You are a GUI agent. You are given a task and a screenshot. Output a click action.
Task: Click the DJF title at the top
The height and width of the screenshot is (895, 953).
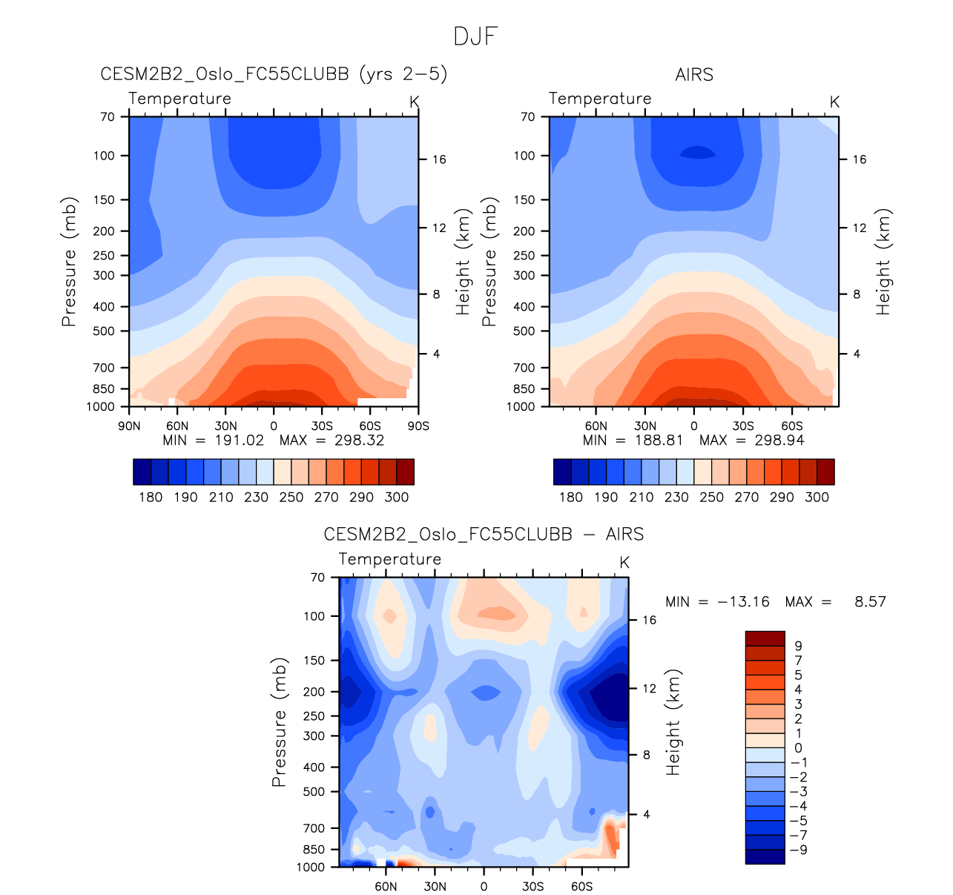coord(475,36)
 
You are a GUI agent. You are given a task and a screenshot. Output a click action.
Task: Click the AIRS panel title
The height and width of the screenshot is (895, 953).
coord(694,75)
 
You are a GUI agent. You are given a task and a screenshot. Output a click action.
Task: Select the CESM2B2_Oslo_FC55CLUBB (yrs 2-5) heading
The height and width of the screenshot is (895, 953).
coord(274,74)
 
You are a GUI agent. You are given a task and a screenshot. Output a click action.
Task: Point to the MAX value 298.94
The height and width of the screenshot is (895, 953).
coord(778,440)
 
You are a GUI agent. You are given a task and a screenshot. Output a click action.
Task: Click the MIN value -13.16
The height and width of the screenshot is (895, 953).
coord(743,601)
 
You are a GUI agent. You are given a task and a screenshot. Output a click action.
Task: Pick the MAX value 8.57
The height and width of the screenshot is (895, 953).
coord(870,601)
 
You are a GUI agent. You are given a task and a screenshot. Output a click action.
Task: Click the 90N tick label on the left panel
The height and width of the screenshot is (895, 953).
coord(129,426)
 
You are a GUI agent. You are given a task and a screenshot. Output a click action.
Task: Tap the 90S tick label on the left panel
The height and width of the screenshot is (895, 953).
coord(418,426)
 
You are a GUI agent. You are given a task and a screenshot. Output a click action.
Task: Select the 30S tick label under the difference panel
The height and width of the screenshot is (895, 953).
coord(532,886)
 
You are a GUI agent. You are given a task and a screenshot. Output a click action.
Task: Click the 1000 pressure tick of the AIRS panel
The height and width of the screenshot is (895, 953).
coord(523,406)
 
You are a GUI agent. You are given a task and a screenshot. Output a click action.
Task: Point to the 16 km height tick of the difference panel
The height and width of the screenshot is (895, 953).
coord(649,620)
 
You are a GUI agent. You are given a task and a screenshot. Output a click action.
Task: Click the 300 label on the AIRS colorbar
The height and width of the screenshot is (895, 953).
coord(817,497)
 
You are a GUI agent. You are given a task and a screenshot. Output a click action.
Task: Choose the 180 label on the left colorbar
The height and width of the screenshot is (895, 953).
coord(151,497)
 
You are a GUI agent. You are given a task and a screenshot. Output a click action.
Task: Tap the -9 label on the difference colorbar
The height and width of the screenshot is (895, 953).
coord(798,850)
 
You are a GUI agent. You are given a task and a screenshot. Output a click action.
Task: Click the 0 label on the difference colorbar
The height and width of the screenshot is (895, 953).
coord(798,748)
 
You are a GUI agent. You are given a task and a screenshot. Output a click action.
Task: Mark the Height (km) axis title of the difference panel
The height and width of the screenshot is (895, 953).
coord(673,723)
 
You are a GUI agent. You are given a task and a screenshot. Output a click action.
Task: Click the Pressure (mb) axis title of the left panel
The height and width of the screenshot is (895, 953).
coord(69,262)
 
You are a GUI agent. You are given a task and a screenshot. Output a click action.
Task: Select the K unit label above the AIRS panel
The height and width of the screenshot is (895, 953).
coord(834,102)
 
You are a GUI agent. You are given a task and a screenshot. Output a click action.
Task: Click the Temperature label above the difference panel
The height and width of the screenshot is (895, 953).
coord(390,559)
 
